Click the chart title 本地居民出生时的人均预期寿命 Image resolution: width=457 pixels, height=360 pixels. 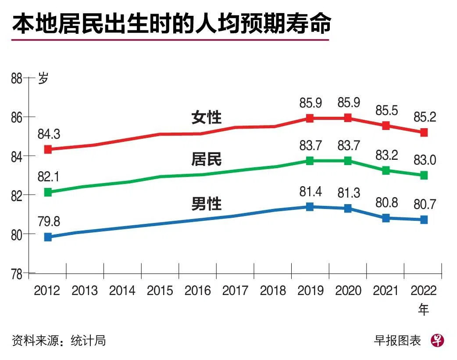pyautogui.click(x=171, y=25)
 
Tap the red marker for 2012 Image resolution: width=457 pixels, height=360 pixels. pyautogui.click(x=48, y=149)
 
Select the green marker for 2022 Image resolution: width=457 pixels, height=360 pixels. pyautogui.click(x=424, y=175)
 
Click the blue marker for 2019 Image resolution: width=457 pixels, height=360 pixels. pyautogui.click(x=310, y=206)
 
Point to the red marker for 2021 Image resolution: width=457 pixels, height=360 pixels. pyautogui.click(x=386, y=126)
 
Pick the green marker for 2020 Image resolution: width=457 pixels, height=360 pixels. pyautogui.click(x=348, y=161)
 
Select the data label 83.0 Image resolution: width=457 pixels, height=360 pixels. pyautogui.click(x=425, y=160)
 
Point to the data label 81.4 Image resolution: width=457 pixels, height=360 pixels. pyautogui.click(x=311, y=191)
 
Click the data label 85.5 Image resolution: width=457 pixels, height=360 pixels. pyautogui.click(x=386, y=111)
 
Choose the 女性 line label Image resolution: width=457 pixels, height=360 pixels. pyautogui.click(x=207, y=117)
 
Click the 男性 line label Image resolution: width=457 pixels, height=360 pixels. pyautogui.click(x=207, y=204)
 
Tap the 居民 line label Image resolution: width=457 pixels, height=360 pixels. pyautogui.click(x=207, y=159)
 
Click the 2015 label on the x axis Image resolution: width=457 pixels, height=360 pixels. pyautogui.click(x=160, y=291)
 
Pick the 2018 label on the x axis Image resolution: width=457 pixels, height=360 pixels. pyautogui.click(x=273, y=291)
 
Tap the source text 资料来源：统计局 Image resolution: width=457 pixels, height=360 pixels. pyautogui.click(x=59, y=341)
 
